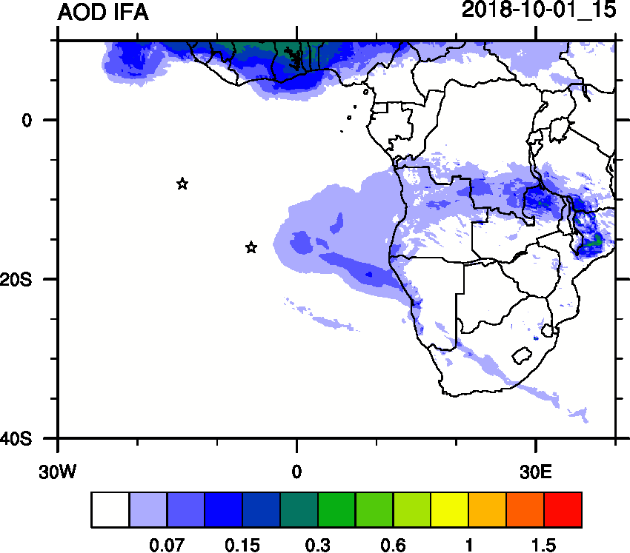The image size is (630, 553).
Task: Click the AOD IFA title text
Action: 103,13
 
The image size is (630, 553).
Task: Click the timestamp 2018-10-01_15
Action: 539,11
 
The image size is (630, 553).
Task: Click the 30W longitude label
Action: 57,471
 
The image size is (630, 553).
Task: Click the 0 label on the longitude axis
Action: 296,471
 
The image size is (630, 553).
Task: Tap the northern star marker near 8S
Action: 182,184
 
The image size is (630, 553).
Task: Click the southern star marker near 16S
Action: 251,247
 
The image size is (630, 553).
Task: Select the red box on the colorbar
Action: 563,509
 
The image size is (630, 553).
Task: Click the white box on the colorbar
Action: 110,509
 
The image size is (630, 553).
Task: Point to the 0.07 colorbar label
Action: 167,546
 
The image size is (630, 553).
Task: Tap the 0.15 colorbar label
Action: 242,546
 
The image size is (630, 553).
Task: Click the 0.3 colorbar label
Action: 317,546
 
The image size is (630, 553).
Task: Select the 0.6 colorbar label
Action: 393,546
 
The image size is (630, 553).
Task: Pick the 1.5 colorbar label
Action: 543,546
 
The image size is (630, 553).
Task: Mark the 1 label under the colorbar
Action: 468,546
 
